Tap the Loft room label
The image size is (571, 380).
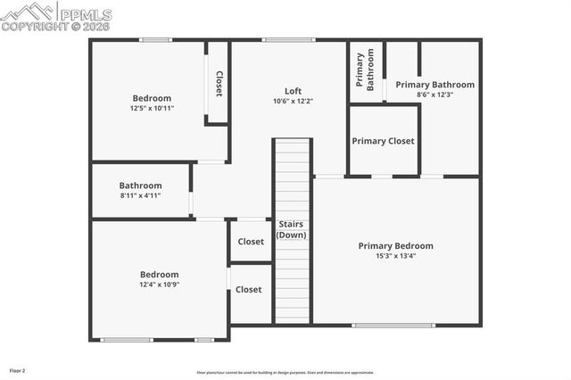(293, 91)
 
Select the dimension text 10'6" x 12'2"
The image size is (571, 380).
(293, 101)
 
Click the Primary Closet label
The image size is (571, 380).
(383, 141)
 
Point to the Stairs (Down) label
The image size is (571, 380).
(292, 229)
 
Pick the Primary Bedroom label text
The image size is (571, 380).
(395, 246)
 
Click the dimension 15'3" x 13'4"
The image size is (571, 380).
(395, 256)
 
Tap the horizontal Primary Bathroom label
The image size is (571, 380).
(434, 85)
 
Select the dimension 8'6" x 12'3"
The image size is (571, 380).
(434, 95)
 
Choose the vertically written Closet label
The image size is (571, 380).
(219, 83)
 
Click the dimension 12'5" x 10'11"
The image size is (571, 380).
(152, 108)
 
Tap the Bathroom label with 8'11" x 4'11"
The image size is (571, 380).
(140, 186)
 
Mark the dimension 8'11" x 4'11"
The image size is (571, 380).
(140, 195)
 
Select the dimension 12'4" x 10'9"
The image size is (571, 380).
(159, 285)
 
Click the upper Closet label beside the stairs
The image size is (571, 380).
(251, 242)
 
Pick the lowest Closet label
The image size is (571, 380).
(249, 290)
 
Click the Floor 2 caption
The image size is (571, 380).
(18, 369)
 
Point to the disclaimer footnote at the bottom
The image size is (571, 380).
(285, 373)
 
